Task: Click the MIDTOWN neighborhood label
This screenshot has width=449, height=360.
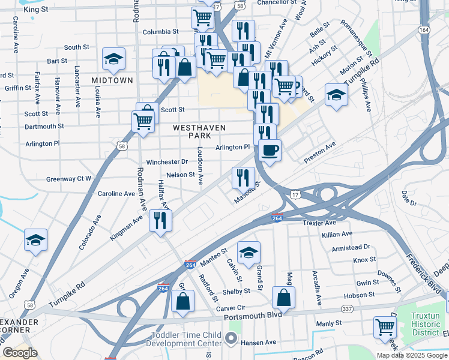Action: pos(112,80)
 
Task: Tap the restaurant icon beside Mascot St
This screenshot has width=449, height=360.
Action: pos(244,177)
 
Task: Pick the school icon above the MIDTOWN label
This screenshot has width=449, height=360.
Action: pos(113,59)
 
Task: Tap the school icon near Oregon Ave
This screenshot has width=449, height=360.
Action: pos(36,241)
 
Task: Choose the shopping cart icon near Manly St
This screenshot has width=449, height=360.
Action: pos(385,327)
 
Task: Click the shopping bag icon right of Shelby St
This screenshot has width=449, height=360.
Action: pos(283,297)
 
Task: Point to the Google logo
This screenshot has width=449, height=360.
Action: pos(20,353)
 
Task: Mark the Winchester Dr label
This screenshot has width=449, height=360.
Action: pos(167,162)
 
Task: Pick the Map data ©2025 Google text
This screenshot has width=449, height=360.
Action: pos(411,355)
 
